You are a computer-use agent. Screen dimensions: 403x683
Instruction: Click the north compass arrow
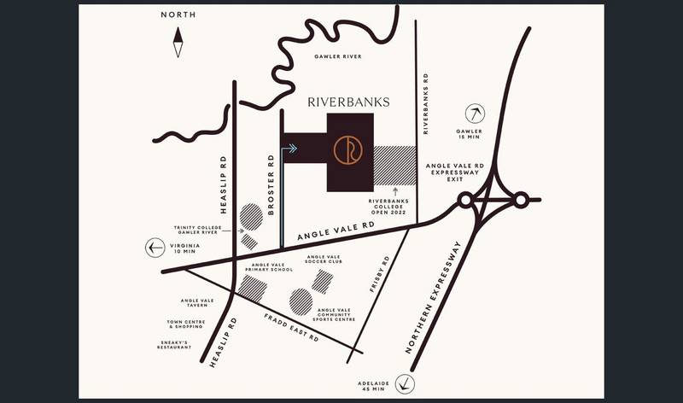click(178, 42)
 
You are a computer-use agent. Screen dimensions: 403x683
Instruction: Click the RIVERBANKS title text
click(348, 102)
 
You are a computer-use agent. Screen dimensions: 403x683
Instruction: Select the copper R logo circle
click(348, 149)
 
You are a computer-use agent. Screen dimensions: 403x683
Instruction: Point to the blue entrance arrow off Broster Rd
click(290, 149)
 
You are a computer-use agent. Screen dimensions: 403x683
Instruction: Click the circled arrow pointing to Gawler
click(476, 112)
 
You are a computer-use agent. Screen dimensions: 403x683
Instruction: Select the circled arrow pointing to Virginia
click(155, 248)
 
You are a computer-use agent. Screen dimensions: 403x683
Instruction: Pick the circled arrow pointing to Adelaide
click(412, 383)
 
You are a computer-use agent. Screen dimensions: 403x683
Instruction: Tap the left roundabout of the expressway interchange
click(466, 201)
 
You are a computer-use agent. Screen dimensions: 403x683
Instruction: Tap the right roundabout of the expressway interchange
click(520, 201)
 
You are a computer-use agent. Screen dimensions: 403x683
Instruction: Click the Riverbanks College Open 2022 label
click(395, 207)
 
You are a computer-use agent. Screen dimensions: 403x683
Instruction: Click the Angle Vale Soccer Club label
click(324, 259)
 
